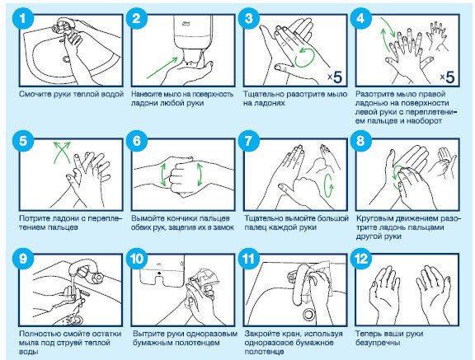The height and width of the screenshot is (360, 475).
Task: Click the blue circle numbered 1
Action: coord(22,18)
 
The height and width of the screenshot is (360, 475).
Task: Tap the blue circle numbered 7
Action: coord(248,141)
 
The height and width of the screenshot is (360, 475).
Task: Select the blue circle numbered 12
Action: coord(360,259)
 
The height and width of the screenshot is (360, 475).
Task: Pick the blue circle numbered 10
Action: coord(137,259)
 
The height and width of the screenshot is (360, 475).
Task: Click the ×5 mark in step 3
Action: coord(335,77)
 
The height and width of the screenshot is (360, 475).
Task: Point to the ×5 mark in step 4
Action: coord(448,77)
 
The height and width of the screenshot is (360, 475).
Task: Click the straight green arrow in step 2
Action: coord(162,68)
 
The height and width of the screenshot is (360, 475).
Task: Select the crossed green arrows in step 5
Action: coord(62,152)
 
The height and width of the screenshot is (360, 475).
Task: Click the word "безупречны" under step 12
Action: coord(378,343)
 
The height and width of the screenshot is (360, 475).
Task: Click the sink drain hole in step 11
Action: coord(308,315)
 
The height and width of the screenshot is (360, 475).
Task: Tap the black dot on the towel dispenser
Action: coord(159,273)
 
